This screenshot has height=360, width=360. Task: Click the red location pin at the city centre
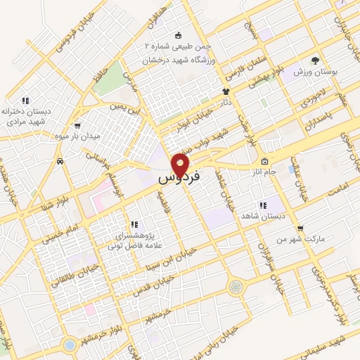coord(180,164)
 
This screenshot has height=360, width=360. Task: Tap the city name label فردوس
coord(179,177)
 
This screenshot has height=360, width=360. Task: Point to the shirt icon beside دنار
coord(226,91)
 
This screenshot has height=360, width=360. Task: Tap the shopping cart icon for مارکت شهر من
coord(300,229)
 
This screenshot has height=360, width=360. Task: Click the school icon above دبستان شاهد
coord(262,205)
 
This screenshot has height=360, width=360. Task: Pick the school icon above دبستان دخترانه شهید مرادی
coord(26,101)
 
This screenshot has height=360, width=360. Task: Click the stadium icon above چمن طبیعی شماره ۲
coord(178,35)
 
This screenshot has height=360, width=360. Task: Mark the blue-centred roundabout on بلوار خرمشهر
coord(69,345)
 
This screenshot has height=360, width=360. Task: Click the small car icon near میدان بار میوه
coord(61,161)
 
